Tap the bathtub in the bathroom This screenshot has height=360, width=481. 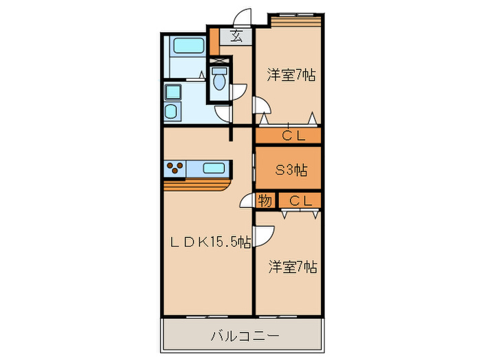coord(186,47)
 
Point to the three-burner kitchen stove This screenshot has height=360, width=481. coord(175,168)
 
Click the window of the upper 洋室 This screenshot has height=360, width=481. coord(295,17)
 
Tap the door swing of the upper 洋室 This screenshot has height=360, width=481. coord(263,106)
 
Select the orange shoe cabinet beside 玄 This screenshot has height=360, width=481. coord(214,42)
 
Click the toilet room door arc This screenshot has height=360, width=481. coord(238,95)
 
